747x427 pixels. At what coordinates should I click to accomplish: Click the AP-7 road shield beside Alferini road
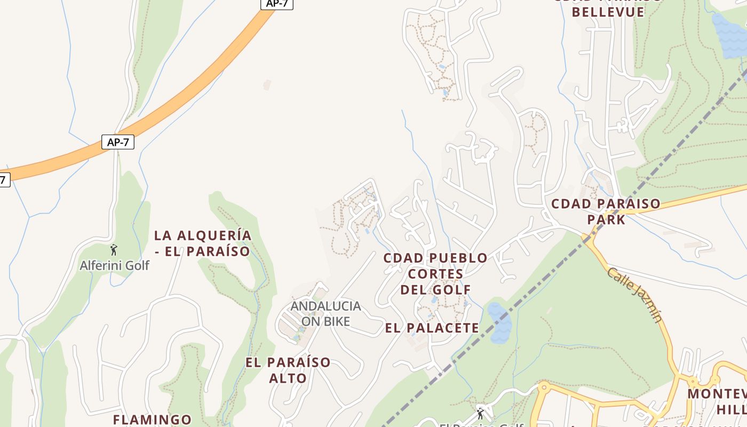[117, 142]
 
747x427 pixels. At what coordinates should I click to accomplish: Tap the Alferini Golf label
[114, 265]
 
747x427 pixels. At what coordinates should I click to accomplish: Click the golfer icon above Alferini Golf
[113, 249]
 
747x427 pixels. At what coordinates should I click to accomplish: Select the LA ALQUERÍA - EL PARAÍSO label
[202, 243]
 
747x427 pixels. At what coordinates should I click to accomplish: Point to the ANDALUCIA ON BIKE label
[325, 314]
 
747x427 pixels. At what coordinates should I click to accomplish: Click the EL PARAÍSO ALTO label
[288, 370]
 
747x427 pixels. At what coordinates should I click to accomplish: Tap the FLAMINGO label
[152, 420]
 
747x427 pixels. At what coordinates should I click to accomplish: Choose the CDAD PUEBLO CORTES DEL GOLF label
[435, 274]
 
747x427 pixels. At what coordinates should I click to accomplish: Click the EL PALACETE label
[432, 328]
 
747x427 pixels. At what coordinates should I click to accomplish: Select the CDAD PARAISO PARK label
[606, 211]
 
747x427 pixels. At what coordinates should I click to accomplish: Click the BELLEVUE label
[608, 12]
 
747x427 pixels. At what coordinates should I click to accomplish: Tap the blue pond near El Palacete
[499, 323]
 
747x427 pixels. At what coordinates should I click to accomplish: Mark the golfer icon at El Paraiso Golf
[480, 413]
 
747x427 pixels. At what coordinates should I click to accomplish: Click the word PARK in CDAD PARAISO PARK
[606, 219]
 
